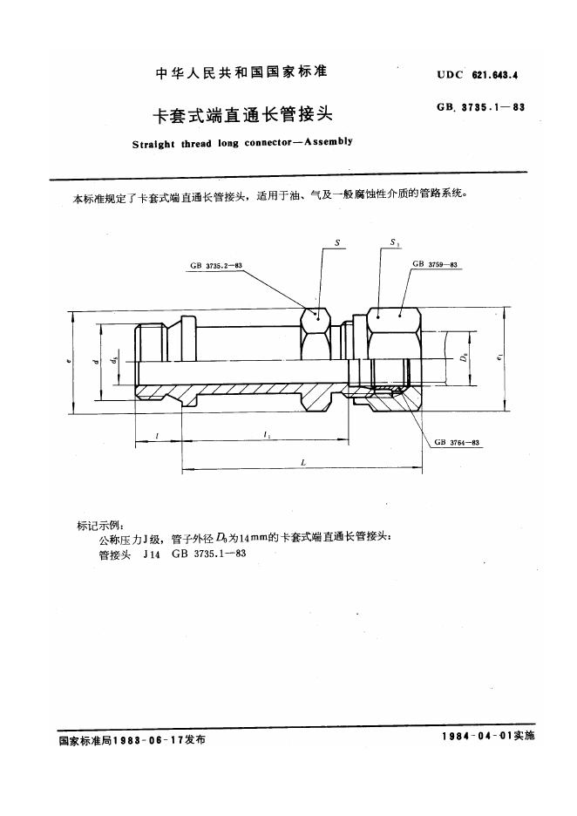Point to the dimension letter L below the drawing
(x=302, y=463)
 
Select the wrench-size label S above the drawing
(x=336, y=245)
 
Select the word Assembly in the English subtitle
(x=326, y=142)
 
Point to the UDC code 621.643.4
(x=495, y=76)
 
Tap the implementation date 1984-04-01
(x=478, y=738)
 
